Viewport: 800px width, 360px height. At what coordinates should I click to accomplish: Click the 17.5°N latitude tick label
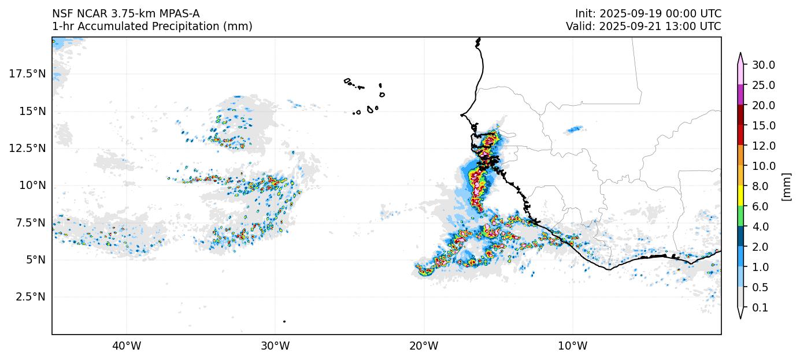(x=27, y=73)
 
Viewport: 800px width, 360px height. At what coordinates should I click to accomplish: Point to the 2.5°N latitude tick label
(x=29, y=296)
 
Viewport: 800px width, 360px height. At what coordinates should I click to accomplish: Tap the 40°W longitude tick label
(x=126, y=346)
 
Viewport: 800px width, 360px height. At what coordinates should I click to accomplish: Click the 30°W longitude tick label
(x=275, y=346)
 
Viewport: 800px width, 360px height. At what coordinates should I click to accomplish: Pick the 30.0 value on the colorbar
(x=764, y=65)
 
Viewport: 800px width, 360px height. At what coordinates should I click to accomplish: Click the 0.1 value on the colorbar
(x=760, y=308)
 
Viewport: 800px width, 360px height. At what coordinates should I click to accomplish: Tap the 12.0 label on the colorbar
(x=764, y=146)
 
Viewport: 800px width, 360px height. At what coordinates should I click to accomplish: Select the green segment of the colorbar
(x=740, y=217)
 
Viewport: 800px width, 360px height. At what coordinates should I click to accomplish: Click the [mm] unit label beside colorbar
(x=786, y=187)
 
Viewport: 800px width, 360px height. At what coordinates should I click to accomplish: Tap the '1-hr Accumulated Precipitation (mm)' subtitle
(x=152, y=27)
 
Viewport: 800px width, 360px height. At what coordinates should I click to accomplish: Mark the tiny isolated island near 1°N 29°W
(x=284, y=321)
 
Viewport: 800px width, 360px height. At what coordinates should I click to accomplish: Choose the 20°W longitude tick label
(x=424, y=346)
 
